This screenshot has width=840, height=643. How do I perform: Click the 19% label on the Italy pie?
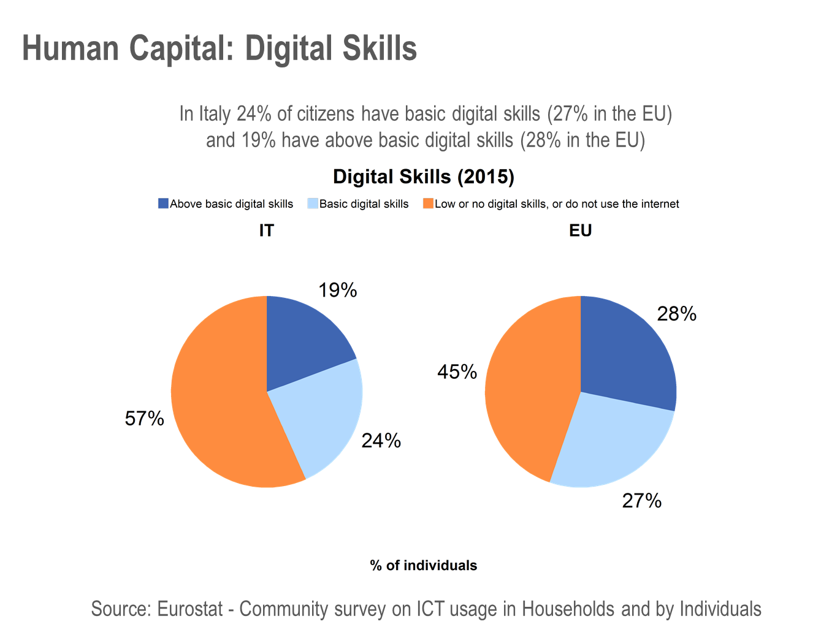click(338, 290)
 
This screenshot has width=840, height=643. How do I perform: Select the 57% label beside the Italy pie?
click(145, 419)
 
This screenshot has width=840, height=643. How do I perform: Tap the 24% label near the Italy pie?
click(381, 441)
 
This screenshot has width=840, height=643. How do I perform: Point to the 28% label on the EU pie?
click(677, 314)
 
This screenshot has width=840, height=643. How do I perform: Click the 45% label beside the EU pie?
click(457, 371)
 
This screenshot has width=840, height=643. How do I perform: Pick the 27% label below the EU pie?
click(642, 501)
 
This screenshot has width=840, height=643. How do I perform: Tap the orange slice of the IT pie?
click(221, 398)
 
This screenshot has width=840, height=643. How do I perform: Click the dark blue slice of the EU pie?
click(625, 356)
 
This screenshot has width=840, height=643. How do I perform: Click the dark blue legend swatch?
click(163, 204)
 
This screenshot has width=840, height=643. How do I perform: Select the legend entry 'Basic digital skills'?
click(364, 204)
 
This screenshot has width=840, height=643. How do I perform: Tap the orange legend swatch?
click(428, 204)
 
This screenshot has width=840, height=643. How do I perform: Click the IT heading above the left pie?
click(267, 230)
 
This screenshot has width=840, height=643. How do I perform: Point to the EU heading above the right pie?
click(581, 230)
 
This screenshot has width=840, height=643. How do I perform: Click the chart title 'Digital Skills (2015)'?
click(424, 177)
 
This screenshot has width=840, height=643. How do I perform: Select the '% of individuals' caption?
click(424, 565)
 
